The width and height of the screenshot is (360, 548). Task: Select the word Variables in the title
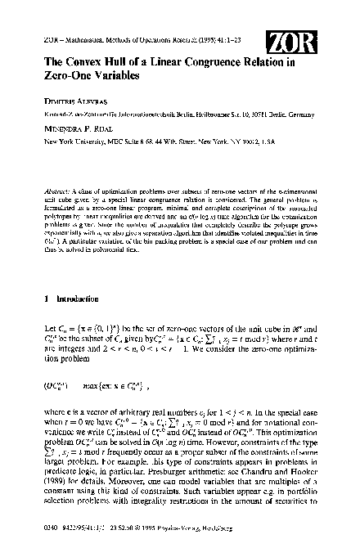[107, 74]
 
